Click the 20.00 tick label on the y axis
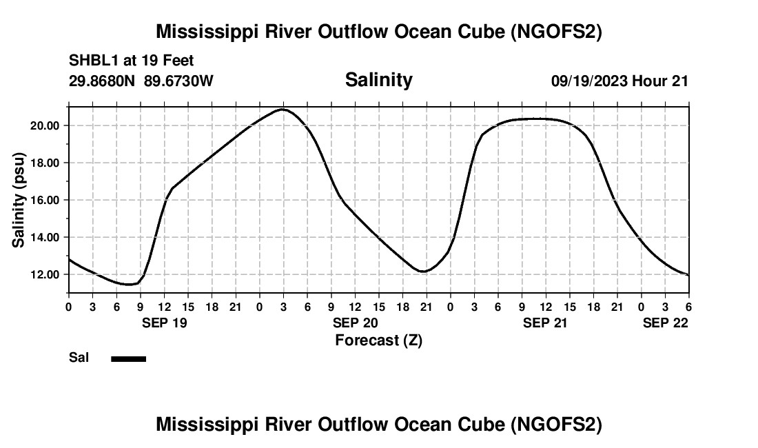(x=45, y=125)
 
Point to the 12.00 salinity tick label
(x=45, y=274)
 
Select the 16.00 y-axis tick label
(x=45, y=200)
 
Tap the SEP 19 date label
(x=164, y=323)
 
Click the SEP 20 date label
(x=355, y=323)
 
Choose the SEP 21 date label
(x=546, y=323)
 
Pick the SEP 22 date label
(x=666, y=323)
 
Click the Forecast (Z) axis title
(x=378, y=340)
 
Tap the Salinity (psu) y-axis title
(x=19, y=200)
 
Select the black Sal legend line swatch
(x=129, y=358)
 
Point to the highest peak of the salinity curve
(x=283, y=109)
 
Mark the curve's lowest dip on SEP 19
(x=127, y=284)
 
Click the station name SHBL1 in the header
(x=93, y=60)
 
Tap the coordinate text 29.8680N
(x=103, y=81)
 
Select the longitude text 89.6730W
(x=178, y=81)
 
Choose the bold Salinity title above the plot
(x=378, y=80)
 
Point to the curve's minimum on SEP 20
(x=423, y=272)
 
